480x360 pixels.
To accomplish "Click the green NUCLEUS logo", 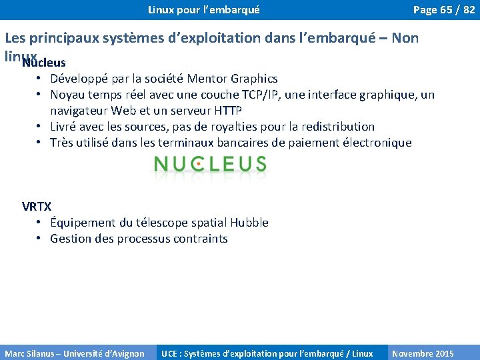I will [209, 164].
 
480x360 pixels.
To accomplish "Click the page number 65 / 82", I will [444, 9].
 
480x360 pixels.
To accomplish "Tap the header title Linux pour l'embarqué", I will [203, 9].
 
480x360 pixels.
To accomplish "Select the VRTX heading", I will [37, 207].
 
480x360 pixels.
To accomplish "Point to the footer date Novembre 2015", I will [423, 353].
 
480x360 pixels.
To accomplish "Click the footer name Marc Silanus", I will [31, 353].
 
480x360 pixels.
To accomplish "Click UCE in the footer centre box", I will [169, 353].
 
